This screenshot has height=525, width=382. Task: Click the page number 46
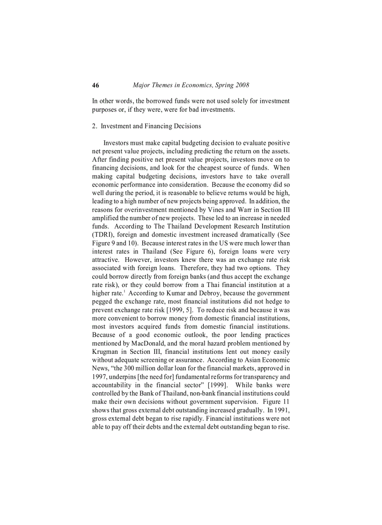(x=95, y=85)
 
